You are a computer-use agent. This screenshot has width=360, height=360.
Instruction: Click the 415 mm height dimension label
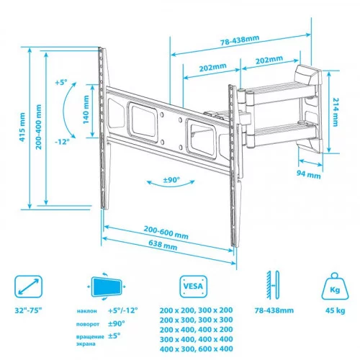coord(22,127)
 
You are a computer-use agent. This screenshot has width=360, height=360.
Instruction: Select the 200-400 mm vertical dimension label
coord(38,127)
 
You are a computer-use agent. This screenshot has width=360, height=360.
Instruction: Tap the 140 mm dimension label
coord(86,109)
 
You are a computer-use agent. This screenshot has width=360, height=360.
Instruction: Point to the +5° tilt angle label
coord(60,82)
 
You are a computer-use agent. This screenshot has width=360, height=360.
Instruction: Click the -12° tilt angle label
coord(62,142)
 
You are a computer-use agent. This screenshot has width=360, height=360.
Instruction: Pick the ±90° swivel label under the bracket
coord(171,179)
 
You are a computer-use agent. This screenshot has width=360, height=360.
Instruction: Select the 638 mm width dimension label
coord(163,245)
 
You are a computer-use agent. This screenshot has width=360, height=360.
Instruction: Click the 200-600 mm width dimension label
coord(166,233)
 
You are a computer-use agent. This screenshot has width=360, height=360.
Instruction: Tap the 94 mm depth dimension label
coord(309,174)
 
